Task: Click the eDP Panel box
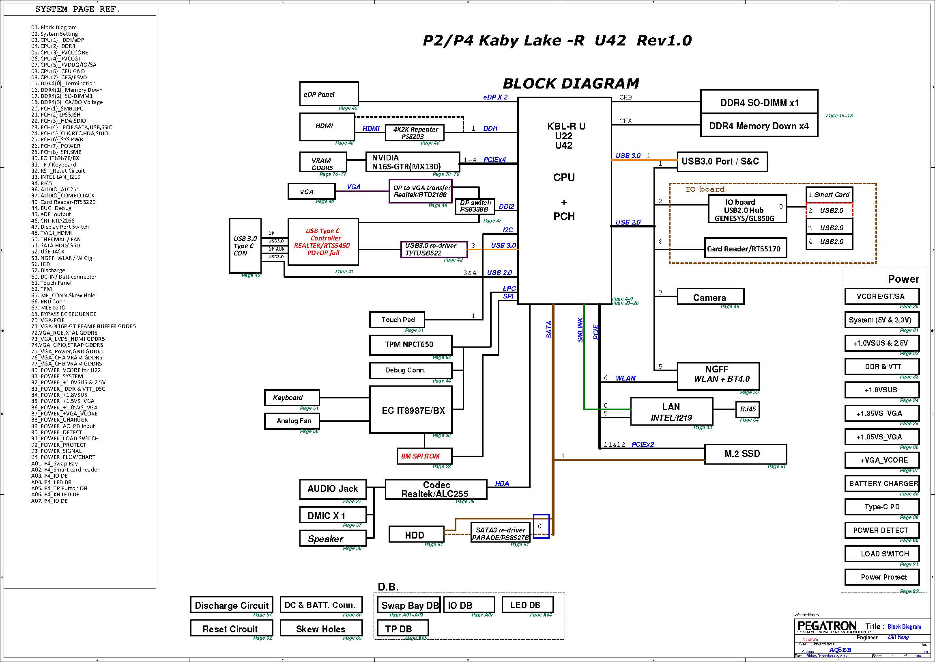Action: click(329, 94)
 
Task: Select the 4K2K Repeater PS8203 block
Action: click(415, 132)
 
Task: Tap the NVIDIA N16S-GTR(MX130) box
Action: click(412, 162)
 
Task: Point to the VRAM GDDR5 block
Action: click(323, 162)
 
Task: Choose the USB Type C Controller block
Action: click(323, 242)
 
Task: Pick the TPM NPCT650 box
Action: click(410, 345)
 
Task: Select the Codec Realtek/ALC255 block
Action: click(436, 489)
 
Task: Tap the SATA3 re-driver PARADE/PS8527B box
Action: click(501, 534)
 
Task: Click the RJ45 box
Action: click(747, 409)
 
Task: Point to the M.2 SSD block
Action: click(745, 454)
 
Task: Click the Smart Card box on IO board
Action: click(829, 195)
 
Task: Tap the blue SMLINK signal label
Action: click(580, 330)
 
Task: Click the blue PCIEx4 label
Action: click(494, 159)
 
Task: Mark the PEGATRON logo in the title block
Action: click(827, 626)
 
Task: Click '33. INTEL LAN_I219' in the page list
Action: click(56, 177)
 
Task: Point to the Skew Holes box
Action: click(321, 629)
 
